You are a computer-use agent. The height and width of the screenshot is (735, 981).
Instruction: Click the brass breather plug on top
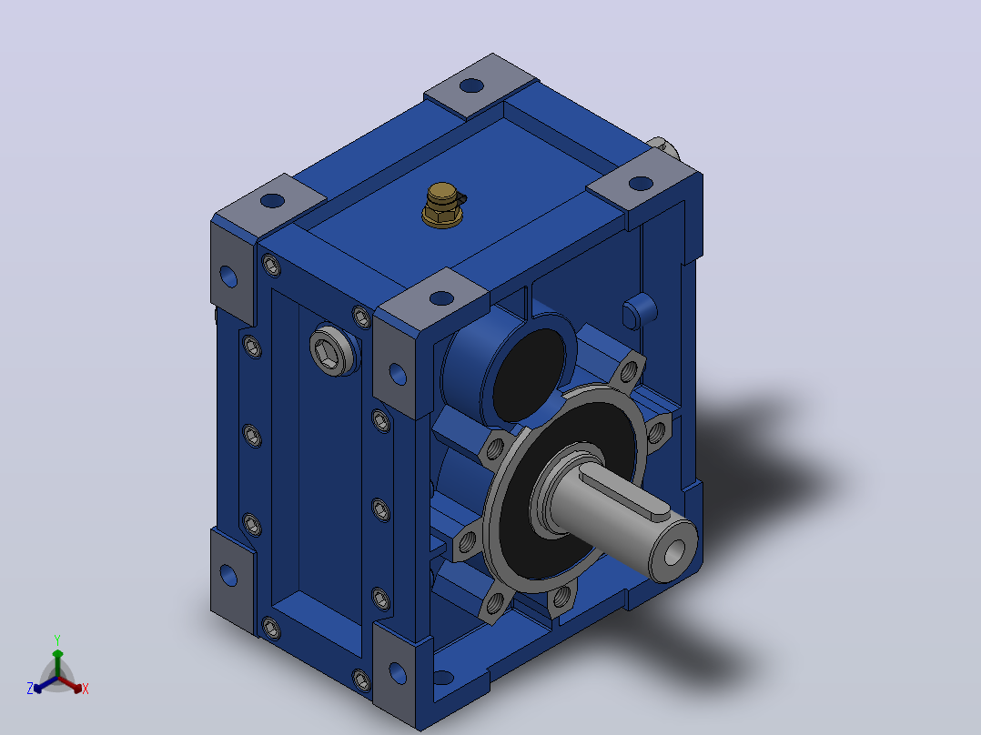coord(443,206)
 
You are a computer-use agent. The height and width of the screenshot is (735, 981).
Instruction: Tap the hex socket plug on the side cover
coord(334,350)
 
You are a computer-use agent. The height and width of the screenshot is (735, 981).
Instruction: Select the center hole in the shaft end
coord(673,553)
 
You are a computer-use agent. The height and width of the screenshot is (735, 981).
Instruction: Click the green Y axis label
coord(57,639)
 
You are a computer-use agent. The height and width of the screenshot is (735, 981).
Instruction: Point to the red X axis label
coord(86,689)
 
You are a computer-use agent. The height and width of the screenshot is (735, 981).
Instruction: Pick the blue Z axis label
coord(30,688)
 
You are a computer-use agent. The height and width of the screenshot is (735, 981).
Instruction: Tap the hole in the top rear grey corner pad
coord(471,86)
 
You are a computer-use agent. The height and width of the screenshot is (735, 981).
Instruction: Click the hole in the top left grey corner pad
coord(272,201)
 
